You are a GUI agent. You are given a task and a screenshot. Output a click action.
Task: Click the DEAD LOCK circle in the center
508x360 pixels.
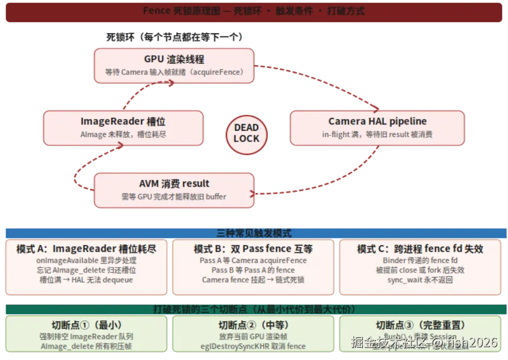pos(246,133)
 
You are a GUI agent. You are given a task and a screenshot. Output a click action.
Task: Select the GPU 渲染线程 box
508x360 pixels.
pos(174,65)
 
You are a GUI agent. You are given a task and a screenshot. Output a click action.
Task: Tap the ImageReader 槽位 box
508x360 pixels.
pos(123,127)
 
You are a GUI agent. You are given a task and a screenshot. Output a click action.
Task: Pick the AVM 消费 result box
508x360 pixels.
pos(174,190)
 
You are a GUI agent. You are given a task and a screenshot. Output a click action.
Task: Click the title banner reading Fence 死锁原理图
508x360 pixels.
pos(253,11)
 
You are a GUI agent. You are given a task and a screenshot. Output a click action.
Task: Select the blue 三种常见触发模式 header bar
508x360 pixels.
pos(253,233)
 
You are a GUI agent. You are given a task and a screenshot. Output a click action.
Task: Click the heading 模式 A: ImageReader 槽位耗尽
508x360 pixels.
pos(86,249)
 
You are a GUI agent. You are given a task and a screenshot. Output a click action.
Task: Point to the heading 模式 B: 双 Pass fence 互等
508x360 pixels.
pos(253,249)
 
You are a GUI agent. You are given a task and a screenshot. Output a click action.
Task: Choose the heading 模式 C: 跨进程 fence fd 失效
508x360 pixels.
pos(420,249)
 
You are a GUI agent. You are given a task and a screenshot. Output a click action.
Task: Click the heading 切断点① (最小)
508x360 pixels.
pos(86,325)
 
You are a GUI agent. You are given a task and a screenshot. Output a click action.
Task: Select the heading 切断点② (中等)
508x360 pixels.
pos(253,325)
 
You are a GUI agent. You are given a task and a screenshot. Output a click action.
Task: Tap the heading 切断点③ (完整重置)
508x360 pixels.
pos(420,325)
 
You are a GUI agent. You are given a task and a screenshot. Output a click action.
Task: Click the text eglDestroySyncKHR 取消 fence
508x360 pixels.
pos(253,346)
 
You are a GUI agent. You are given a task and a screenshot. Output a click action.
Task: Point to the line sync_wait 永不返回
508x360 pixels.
pos(420,280)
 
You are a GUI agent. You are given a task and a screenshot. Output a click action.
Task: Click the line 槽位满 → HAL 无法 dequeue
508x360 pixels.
pos(86,280)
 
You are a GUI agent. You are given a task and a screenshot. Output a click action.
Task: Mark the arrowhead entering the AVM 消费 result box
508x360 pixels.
pos(253,193)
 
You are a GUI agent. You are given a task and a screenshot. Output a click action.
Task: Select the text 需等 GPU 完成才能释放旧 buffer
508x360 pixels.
pos(174,196)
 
